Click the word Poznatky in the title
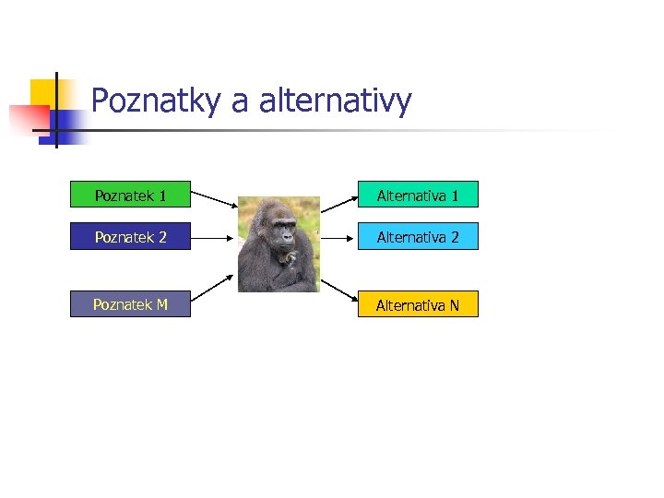156,101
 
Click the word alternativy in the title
335,101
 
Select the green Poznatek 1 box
130,195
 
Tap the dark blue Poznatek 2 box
130,237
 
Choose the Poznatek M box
130,304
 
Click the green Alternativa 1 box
417,195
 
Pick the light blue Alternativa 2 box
417,237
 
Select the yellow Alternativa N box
417,304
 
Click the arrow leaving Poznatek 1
214,201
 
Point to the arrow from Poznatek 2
214,237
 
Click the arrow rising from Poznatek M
214,289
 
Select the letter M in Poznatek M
161,304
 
